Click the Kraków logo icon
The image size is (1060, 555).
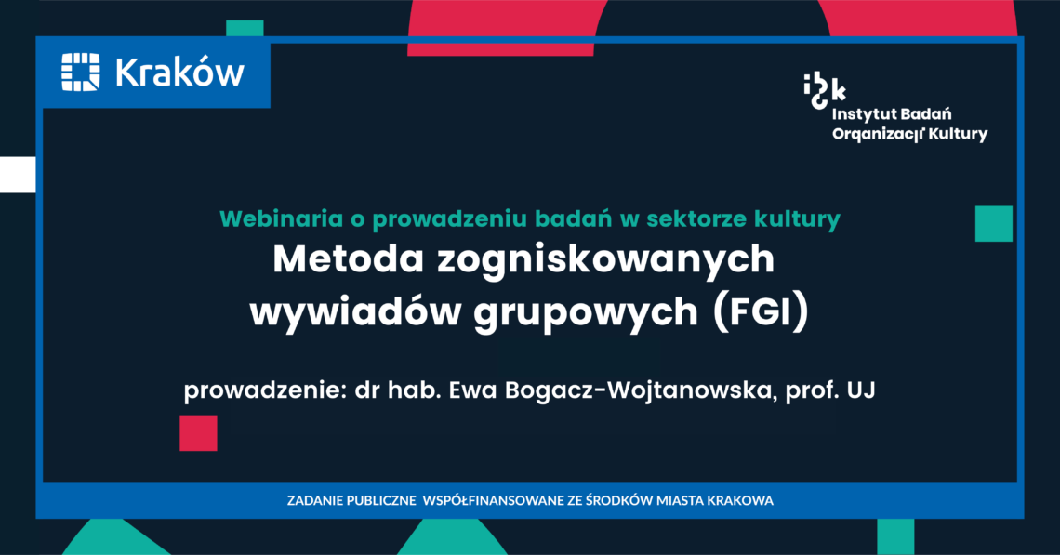pos(81,72)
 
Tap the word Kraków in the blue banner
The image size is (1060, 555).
pos(179,72)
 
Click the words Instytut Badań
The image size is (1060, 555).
pos(891,114)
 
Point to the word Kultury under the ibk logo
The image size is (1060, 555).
pos(958,134)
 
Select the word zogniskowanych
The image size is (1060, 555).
pos(605,261)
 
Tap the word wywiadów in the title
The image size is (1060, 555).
pos(355,313)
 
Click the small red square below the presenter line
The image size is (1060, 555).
pos(198,432)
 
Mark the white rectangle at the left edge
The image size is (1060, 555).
pos(18,175)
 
